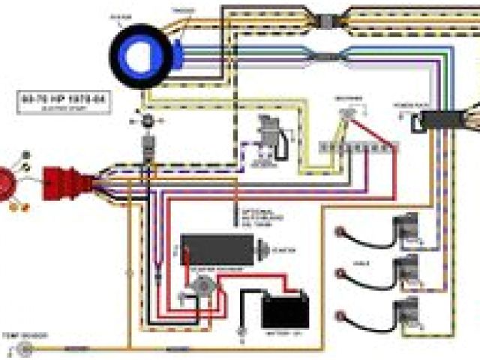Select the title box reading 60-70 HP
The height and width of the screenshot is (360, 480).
[64, 103]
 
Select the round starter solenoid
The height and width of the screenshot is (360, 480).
[202, 286]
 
